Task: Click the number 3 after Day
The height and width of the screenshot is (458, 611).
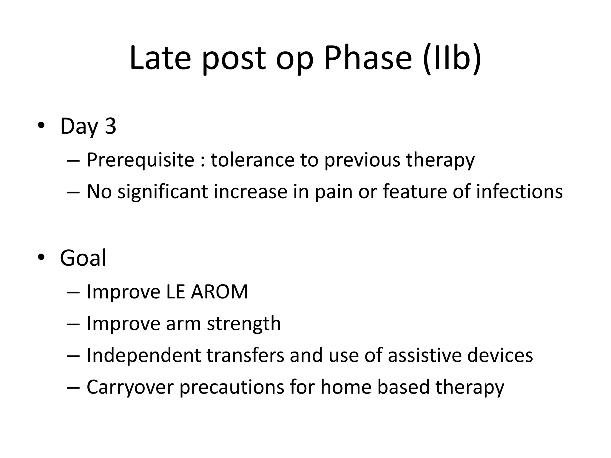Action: (x=110, y=126)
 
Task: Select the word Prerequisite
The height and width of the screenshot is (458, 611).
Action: (x=141, y=160)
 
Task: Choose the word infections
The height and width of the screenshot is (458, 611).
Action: (x=519, y=191)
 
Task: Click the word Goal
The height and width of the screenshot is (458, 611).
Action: (x=83, y=258)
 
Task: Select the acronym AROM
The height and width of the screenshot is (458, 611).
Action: (x=219, y=292)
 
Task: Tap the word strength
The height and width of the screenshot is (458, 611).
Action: (x=244, y=324)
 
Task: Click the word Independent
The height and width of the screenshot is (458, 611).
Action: (x=144, y=355)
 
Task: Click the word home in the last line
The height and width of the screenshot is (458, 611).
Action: (x=346, y=387)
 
